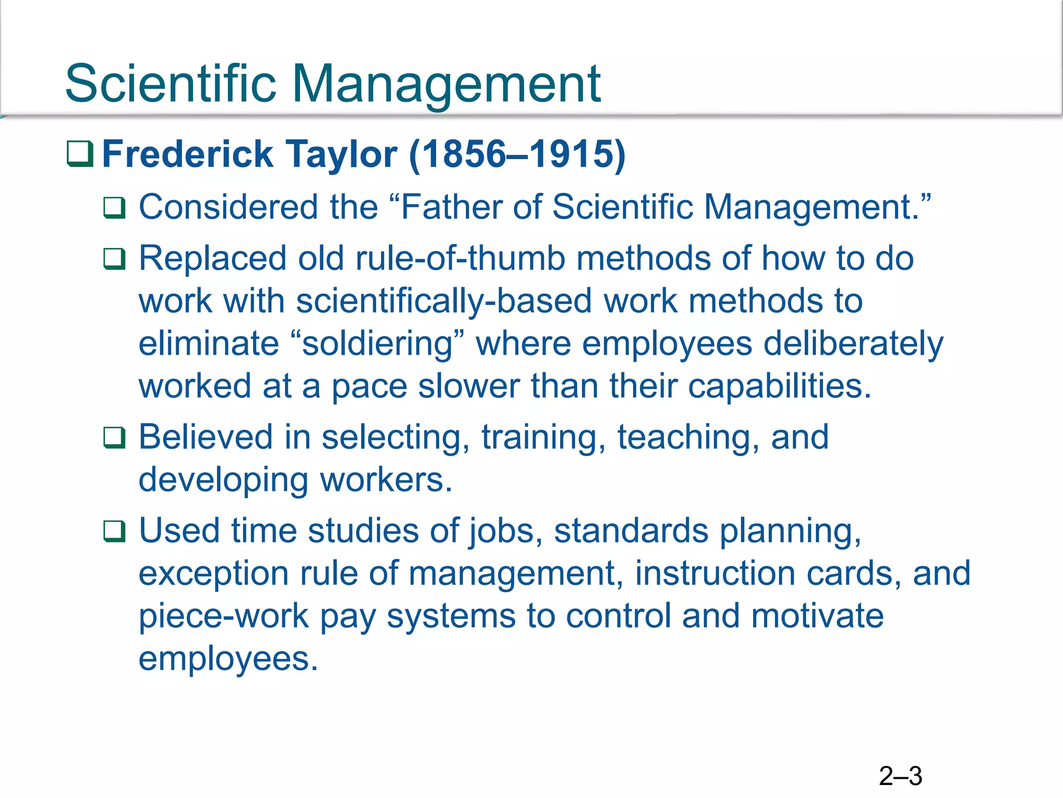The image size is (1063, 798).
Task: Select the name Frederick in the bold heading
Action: (x=187, y=154)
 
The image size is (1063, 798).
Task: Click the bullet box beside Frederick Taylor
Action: (x=80, y=154)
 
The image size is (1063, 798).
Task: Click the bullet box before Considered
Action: (x=114, y=208)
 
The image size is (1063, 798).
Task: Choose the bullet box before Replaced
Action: (x=114, y=259)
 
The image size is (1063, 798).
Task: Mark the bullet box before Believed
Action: (x=114, y=437)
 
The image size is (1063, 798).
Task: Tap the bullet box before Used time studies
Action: (x=114, y=531)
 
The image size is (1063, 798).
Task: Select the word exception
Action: (x=213, y=574)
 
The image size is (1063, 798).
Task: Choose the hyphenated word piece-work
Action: (x=224, y=616)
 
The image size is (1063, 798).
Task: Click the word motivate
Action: (x=817, y=616)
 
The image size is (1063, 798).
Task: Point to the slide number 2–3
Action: (x=901, y=776)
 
